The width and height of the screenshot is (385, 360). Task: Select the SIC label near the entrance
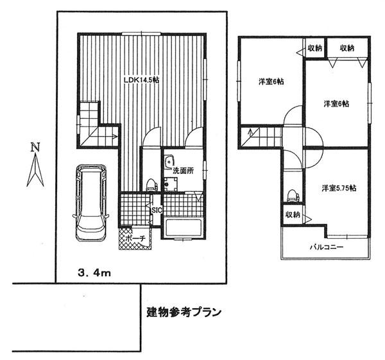click(x=157, y=210)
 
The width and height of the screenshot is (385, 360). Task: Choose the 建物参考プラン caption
click(x=184, y=313)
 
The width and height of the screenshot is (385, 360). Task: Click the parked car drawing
click(x=89, y=200)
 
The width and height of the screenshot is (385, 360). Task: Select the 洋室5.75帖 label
click(x=339, y=188)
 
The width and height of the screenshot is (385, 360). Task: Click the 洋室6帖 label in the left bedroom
click(x=271, y=82)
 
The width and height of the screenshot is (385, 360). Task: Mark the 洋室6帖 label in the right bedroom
click(x=336, y=103)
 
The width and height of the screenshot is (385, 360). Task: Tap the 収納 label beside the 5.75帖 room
click(x=293, y=214)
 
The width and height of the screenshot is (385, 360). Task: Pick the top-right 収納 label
click(x=347, y=48)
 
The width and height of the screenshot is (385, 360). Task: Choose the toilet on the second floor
click(x=294, y=193)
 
